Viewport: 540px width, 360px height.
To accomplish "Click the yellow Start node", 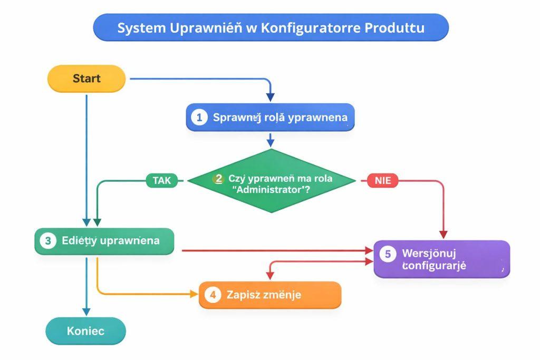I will click(x=86, y=79).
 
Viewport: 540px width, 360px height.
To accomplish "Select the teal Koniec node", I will click(x=85, y=331).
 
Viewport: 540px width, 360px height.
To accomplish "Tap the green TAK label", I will click(x=161, y=180).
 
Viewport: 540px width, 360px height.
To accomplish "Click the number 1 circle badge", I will click(x=199, y=117).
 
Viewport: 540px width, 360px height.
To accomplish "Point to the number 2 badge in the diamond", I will click(x=218, y=179).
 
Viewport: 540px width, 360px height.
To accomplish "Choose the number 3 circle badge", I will click(x=48, y=241).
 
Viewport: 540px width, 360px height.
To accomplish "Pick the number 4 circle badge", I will click(x=213, y=295).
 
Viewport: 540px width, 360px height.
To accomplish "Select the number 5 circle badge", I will click(x=388, y=254).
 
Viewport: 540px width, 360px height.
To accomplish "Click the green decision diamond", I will click(x=271, y=181).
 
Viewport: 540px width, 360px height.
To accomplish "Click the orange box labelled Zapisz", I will click(x=270, y=295).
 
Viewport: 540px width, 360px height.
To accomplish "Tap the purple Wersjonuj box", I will click(x=442, y=259).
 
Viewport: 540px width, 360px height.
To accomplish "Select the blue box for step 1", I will click(x=270, y=117).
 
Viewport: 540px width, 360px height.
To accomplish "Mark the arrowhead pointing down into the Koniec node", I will click(x=86, y=312).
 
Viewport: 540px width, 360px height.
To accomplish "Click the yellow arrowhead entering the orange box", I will click(x=194, y=294).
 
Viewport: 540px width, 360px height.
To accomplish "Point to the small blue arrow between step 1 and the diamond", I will click(x=271, y=140).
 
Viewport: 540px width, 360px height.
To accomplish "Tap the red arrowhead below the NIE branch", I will click(x=443, y=233).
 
